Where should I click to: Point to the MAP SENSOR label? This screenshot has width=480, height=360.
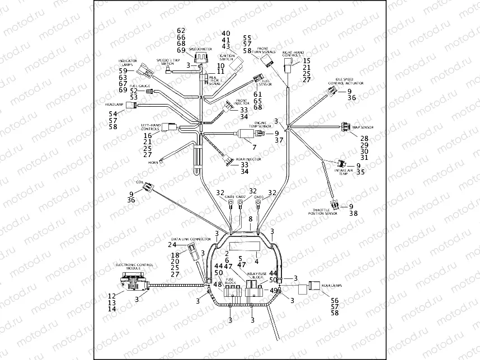pyautogui.click(x=363, y=127)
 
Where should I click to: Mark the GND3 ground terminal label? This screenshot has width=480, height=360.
pyautogui.click(x=258, y=197)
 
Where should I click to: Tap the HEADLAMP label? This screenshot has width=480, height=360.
pyautogui.click(x=114, y=105)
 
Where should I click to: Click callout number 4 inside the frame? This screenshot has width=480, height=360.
pyautogui.click(x=256, y=260)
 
